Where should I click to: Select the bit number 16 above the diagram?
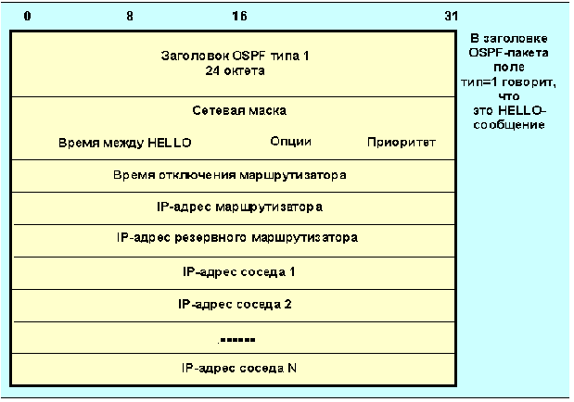click(240, 16)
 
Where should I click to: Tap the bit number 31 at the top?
click(450, 16)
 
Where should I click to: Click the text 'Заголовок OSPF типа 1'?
click(234, 56)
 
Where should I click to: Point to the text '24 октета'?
click(234, 69)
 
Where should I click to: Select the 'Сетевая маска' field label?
click(239, 110)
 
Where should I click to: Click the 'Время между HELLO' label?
click(124, 143)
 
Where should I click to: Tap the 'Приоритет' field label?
click(401, 143)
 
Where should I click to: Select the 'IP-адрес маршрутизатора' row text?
click(239, 206)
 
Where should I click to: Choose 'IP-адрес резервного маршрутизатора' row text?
click(237, 237)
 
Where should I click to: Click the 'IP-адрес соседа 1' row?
click(238, 270)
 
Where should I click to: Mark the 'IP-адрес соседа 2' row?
click(238, 303)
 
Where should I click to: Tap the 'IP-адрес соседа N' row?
click(238, 368)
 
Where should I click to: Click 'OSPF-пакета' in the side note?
click(516, 53)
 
